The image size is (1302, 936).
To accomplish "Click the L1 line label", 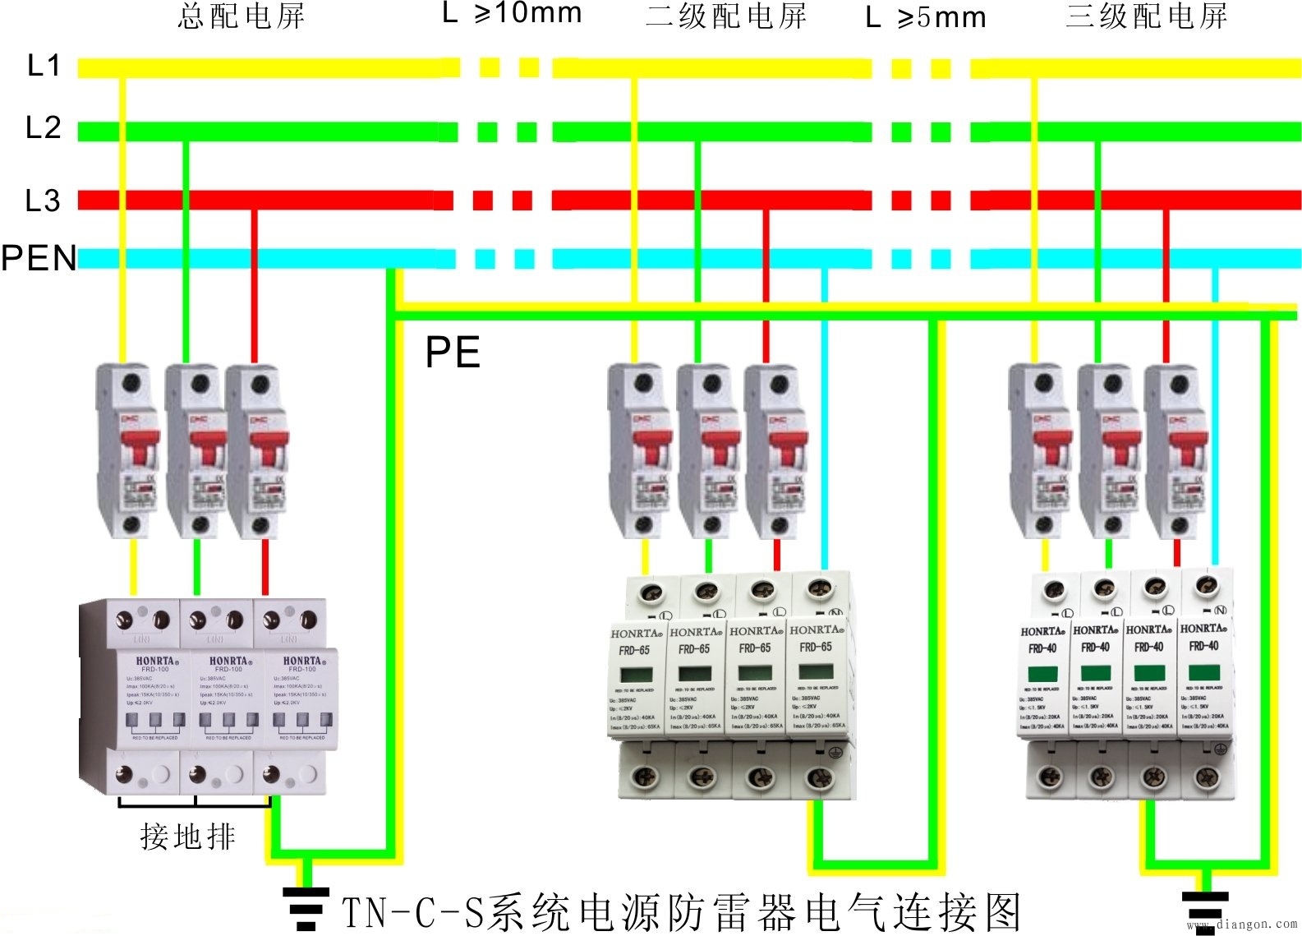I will [44, 66].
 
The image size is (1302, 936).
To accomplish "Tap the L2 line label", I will [44, 128].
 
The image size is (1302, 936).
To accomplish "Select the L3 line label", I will [43, 201].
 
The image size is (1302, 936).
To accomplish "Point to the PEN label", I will [39, 258].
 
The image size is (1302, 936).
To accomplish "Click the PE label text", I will [453, 353].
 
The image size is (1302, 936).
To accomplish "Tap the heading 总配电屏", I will [242, 16].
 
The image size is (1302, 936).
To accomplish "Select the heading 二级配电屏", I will [726, 16].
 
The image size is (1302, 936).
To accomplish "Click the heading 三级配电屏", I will [1147, 16].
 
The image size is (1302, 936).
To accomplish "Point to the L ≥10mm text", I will [512, 13].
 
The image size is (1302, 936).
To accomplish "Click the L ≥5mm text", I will [926, 17].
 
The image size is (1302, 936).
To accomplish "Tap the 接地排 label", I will [187, 837].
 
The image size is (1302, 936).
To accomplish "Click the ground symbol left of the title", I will [306, 907].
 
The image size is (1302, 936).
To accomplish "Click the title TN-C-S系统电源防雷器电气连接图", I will [681, 911].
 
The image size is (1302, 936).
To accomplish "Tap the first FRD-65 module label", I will [634, 650].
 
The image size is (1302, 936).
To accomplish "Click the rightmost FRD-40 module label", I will [1203, 646].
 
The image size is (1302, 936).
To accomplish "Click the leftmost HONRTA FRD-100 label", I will [155, 664].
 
